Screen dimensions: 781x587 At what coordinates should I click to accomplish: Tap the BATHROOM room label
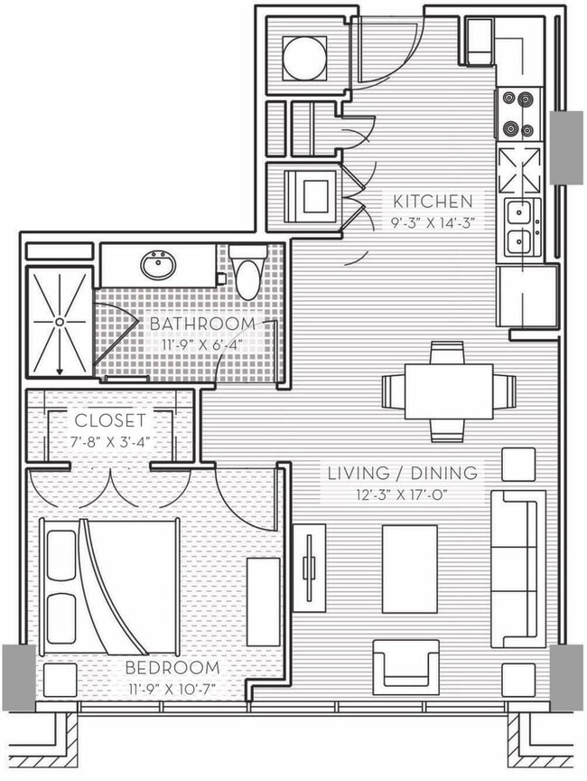click(202, 324)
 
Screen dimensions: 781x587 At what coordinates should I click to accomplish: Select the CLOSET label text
click(109, 420)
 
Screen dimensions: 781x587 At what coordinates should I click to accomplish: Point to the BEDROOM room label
click(172, 668)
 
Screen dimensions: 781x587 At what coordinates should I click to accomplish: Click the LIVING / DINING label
click(402, 473)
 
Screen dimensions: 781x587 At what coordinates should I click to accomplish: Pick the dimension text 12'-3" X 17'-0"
click(403, 494)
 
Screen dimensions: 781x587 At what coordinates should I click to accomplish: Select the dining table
click(449, 391)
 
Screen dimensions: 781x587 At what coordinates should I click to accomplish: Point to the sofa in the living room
click(518, 569)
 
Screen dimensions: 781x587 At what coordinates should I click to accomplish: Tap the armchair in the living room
click(405, 665)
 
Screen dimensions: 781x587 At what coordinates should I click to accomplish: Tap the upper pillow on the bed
click(61, 553)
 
